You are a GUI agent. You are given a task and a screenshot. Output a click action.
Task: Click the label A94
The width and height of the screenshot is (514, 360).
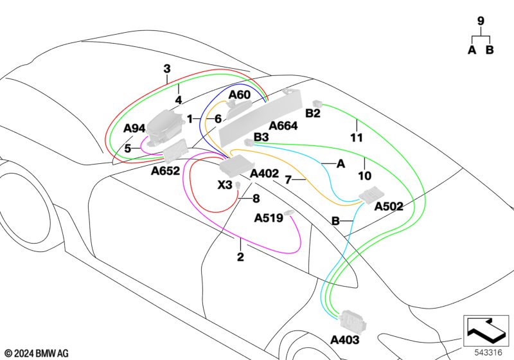point(134,129)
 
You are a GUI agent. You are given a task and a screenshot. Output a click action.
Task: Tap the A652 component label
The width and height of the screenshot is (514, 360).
point(164,172)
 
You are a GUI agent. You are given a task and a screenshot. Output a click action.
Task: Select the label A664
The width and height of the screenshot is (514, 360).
point(283,127)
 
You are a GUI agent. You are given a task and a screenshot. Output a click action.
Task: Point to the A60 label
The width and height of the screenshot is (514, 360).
point(240,95)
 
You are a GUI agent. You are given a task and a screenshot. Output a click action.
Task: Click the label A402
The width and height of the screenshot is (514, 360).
point(264,174)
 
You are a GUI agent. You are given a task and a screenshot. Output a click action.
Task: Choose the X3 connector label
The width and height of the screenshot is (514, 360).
point(225,185)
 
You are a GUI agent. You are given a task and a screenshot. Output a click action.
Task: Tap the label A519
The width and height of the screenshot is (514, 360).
point(269,219)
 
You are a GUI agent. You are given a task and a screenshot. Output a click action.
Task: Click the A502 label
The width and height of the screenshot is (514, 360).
point(389,206)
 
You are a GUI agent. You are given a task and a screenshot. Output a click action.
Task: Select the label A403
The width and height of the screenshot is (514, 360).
point(345,339)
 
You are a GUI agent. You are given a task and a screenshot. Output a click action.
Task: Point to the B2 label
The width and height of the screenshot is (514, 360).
point(313,114)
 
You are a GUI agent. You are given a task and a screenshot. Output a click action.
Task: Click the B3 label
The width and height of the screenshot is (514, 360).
point(261,137)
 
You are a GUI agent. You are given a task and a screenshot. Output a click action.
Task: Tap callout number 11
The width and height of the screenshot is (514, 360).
point(357,138)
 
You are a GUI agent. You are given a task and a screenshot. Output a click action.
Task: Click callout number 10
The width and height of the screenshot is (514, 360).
point(365,175)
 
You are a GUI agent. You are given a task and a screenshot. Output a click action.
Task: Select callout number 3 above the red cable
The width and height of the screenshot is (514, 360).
point(167,69)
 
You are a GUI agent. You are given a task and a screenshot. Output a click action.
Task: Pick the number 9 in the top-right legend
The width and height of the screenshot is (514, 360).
point(481,21)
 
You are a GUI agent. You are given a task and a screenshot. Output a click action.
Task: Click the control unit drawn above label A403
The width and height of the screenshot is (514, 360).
point(351,318)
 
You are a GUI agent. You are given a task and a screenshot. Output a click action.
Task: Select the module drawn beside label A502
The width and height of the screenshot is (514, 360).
point(371,195)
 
